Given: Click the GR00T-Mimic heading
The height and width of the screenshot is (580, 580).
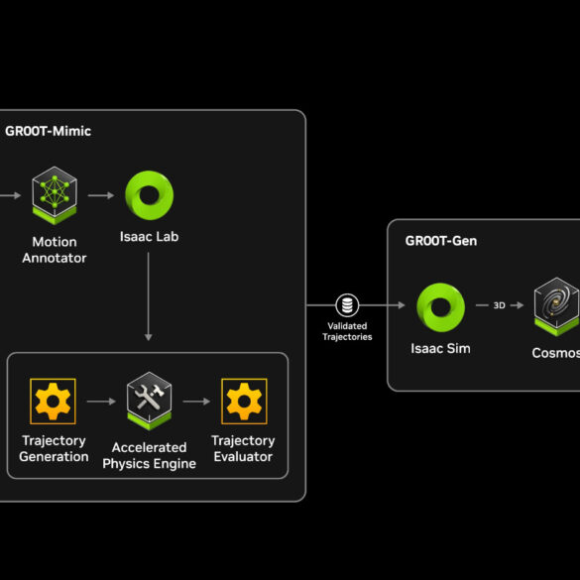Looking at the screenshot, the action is pos(49,131).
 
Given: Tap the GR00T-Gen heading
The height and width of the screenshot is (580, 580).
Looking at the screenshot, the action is pos(441,241).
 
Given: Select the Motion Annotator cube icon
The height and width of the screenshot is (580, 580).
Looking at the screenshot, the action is pos(55,195).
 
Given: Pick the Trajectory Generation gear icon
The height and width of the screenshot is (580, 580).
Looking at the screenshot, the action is pos(53,402).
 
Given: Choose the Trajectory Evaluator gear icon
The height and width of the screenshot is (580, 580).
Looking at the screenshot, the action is pos(244,402).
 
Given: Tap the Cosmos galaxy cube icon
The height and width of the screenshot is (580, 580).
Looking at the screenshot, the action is pos(557,307).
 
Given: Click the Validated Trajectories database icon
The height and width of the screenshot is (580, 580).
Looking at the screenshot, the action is pos(347,305).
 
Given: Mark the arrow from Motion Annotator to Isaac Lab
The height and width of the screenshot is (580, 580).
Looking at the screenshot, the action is pos(101,195).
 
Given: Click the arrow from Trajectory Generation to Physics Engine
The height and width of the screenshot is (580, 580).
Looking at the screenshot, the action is pos(101,402).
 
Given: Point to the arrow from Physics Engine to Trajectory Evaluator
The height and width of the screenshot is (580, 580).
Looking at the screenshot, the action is pos(196,402).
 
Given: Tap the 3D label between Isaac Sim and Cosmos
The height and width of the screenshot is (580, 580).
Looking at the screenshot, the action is pos(499,305).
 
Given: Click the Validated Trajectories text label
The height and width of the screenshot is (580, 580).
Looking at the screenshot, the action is pos(347,331).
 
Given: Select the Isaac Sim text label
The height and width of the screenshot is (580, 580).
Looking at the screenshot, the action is pos(440,348).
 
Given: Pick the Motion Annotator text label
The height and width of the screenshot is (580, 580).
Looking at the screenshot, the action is pos(55,250).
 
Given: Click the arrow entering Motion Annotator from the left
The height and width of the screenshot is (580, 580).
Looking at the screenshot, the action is pos(10,195).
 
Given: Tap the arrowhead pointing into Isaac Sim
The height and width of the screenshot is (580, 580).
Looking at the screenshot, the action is pos(402,305).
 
